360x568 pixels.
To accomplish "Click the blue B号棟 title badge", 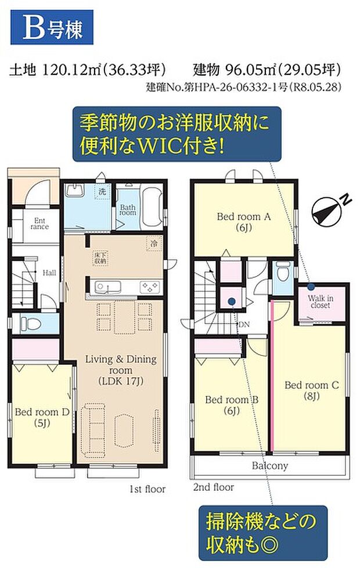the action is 52,27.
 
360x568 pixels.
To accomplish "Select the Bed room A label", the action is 244,222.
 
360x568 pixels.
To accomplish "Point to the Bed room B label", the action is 232,405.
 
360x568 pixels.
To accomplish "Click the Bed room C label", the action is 311,390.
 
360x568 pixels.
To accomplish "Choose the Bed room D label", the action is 42,417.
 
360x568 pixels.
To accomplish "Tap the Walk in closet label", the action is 321,302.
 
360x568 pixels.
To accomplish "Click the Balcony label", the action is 270,465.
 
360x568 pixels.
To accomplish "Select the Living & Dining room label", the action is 121,370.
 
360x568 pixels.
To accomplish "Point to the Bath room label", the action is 128,210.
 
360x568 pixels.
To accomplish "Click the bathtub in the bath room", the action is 152,207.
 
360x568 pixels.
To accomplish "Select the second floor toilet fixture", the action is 282,272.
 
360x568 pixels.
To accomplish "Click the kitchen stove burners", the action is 150,287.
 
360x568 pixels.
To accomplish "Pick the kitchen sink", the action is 108,287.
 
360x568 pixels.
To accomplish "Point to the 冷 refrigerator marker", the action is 154,244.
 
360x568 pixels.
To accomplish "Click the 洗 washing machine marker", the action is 103,191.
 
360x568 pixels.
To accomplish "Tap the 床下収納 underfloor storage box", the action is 100,258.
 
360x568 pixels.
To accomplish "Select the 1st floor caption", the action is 147,489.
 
